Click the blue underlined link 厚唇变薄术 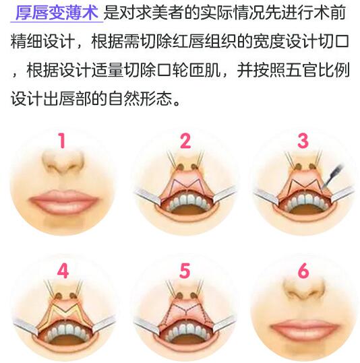(x=57, y=13)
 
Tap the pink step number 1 (x=61, y=140)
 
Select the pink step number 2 (x=185, y=140)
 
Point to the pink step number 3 (x=303, y=140)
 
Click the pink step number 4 (x=63, y=271)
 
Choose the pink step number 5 (x=185, y=271)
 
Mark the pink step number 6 (x=303, y=271)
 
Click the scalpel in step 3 (x=332, y=176)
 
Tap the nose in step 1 (x=63, y=163)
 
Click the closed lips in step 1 (x=64, y=201)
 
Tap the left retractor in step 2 (x=148, y=196)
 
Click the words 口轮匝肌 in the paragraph (x=189, y=70)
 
